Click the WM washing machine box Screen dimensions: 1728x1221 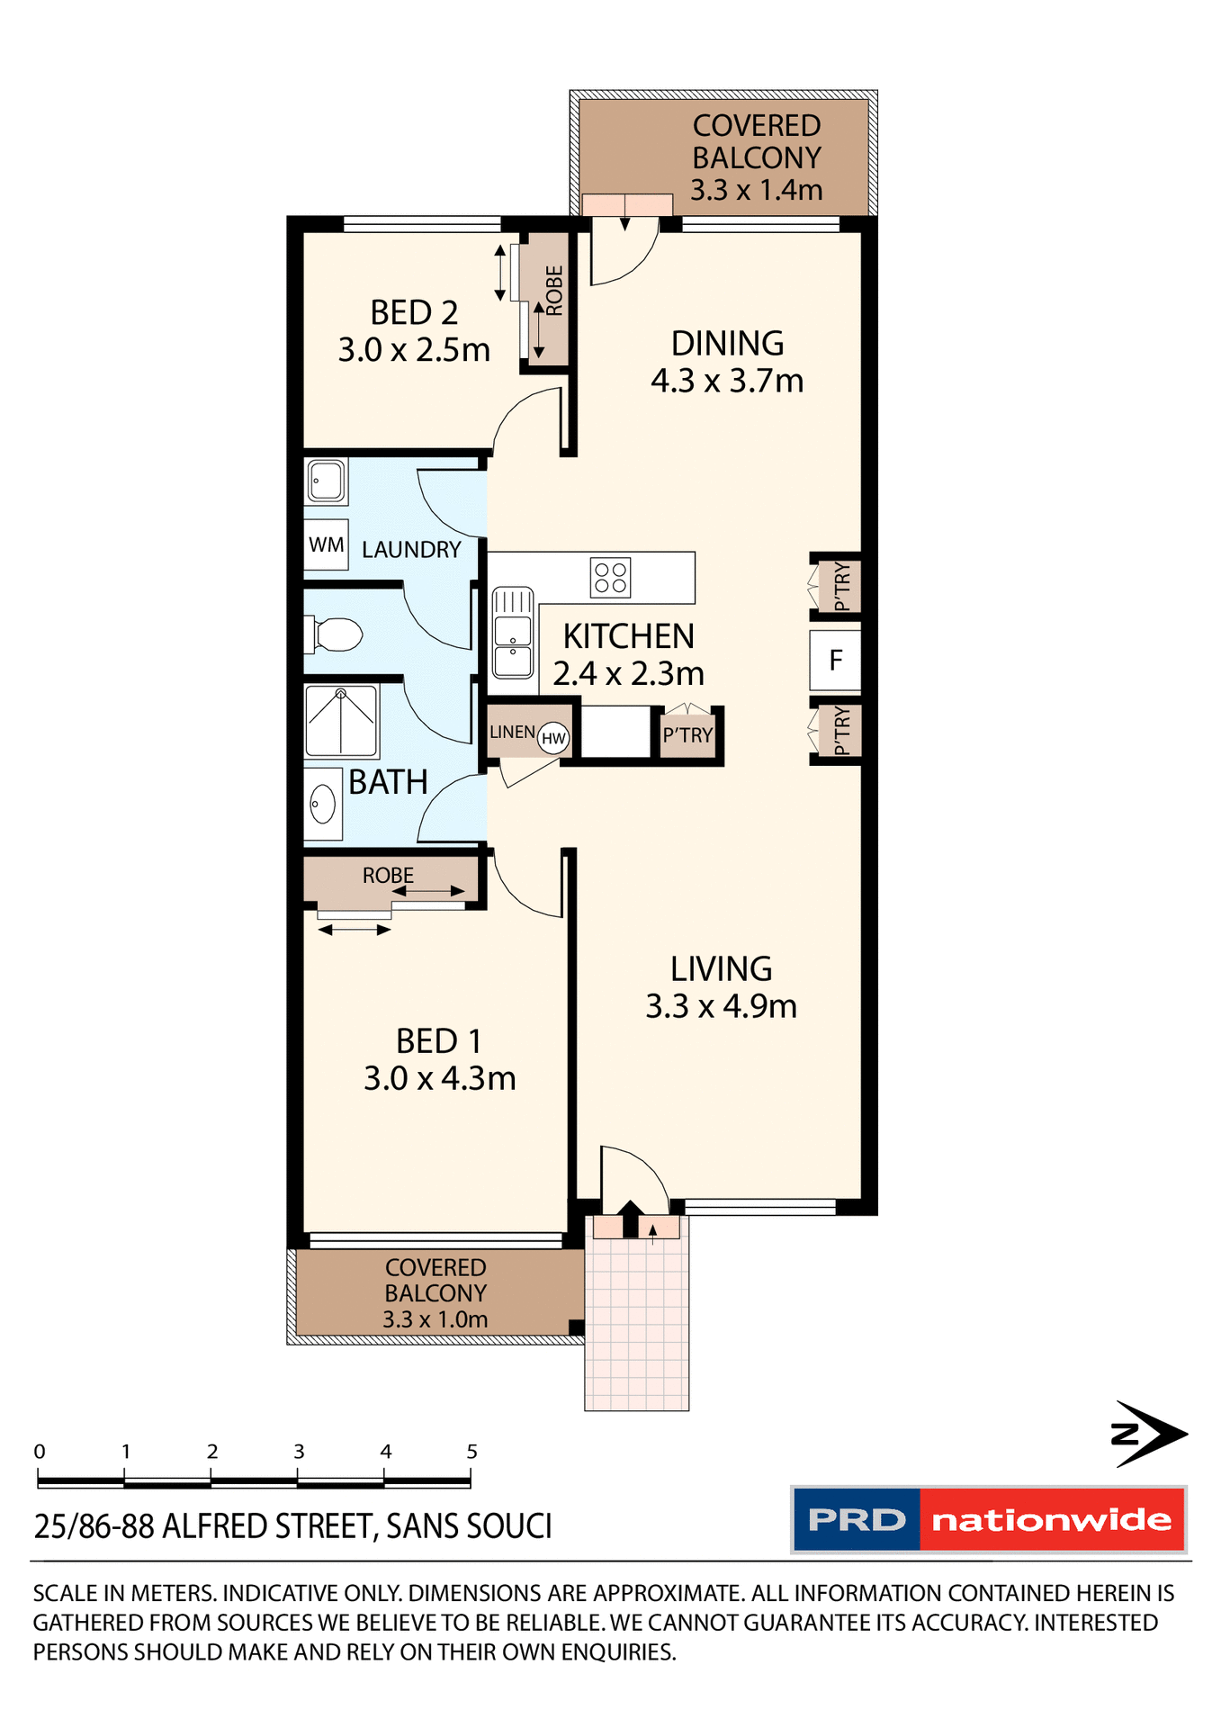click(326, 544)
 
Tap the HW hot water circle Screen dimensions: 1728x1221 click(553, 739)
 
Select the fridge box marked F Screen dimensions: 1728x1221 click(835, 661)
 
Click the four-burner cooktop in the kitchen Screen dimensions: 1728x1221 click(610, 578)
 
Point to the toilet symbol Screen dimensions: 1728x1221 click(335, 634)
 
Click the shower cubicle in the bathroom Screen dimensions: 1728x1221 click(341, 721)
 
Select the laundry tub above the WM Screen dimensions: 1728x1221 click(326, 481)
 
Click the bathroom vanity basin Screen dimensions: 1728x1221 click(322, 804)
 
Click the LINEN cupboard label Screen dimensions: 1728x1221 click(512, 732)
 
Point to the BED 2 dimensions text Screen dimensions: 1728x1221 click(414, 350)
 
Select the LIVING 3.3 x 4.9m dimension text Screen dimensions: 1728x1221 click(721, 1006)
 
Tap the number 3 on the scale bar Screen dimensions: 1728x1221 click(299, 1451)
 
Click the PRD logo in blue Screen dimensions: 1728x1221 click(856, 1520)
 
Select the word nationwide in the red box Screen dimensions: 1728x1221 click(1051, 1520)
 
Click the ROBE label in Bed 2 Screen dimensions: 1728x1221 click(554, 291)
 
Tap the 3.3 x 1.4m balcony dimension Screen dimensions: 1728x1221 click(756, 190)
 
